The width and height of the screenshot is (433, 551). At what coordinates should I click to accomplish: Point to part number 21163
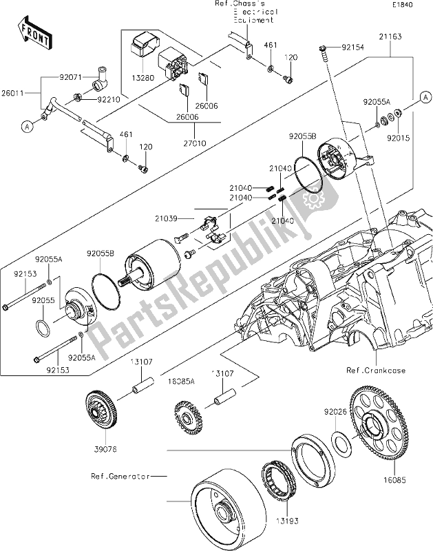point(390,34)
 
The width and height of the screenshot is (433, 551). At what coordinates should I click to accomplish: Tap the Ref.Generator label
point(117,475)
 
